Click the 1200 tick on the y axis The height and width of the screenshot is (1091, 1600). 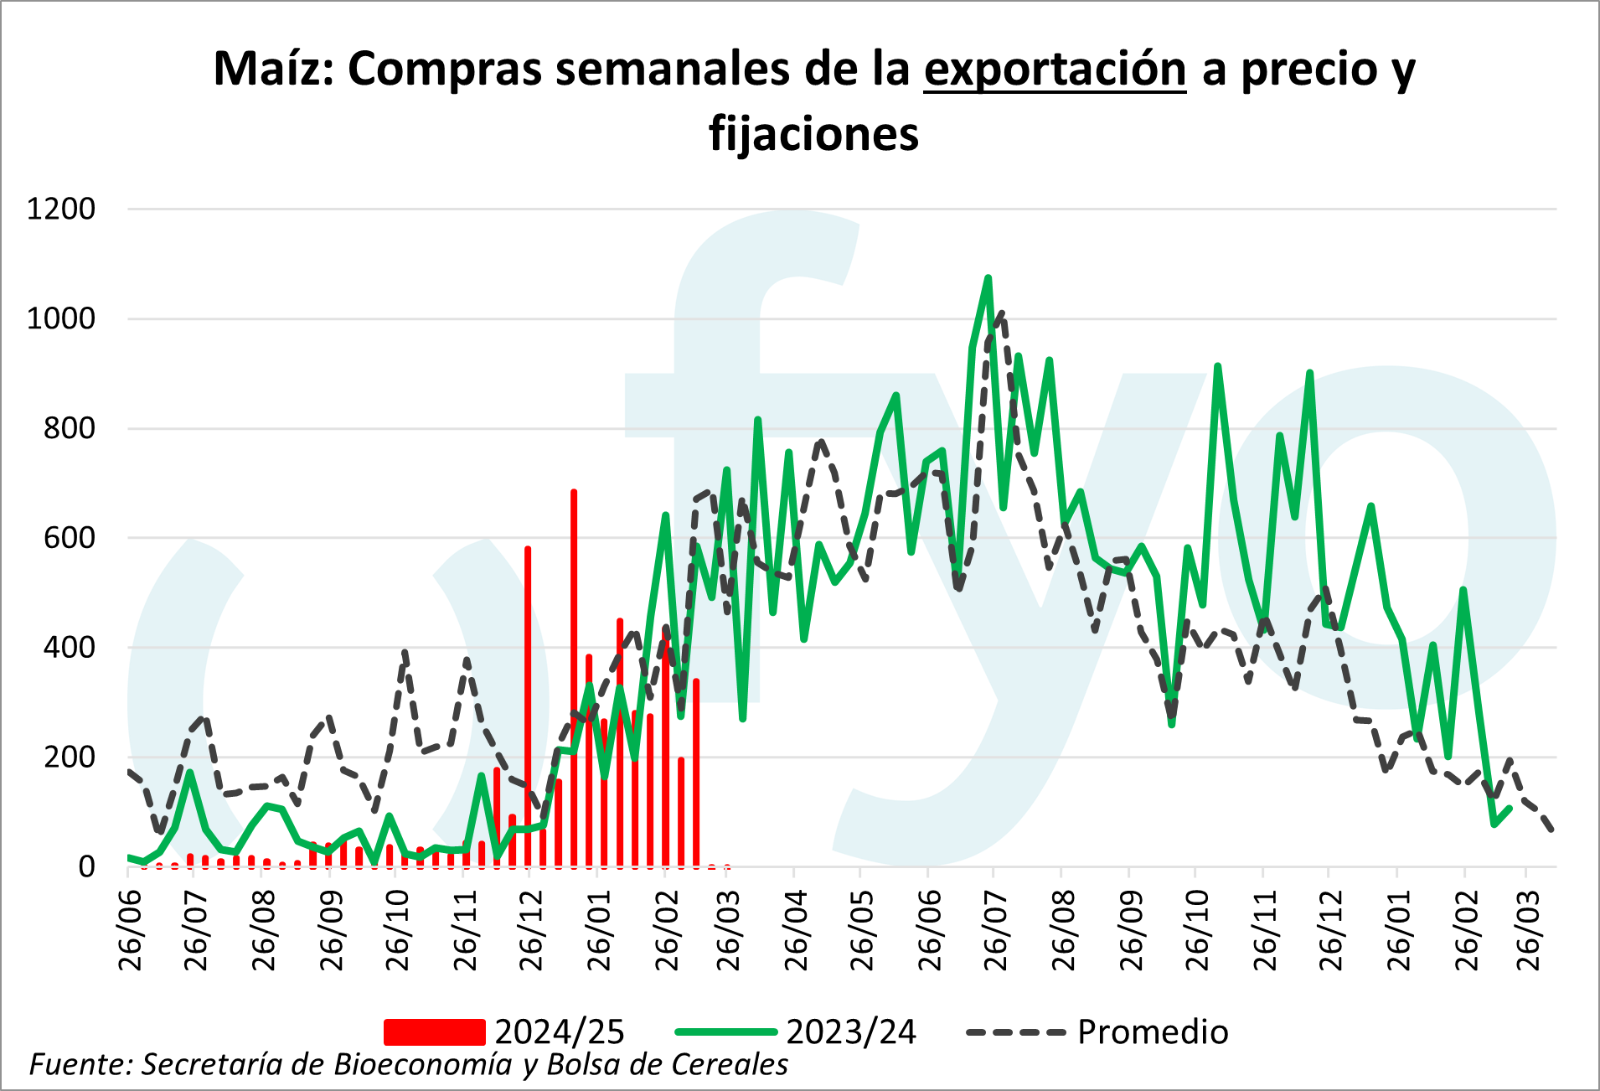[61, 209]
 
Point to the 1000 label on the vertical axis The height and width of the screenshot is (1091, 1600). [61, 318]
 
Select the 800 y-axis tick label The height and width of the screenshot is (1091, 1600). [70, 428]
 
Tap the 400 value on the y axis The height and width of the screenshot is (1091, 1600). [70, 647]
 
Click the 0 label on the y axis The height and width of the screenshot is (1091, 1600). [87, 866]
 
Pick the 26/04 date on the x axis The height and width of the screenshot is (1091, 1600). [795, 930]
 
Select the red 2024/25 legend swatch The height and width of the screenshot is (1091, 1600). [434, 1032]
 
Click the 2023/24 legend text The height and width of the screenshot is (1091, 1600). [851, 1032]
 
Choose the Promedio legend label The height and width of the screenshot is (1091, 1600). [1153, 1032]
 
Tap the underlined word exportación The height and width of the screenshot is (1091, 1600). [1055, 69]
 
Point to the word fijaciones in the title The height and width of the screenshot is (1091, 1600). [813, 134]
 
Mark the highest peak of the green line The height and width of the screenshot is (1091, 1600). [988, 277]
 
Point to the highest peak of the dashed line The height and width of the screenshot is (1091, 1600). [1002, 313]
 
